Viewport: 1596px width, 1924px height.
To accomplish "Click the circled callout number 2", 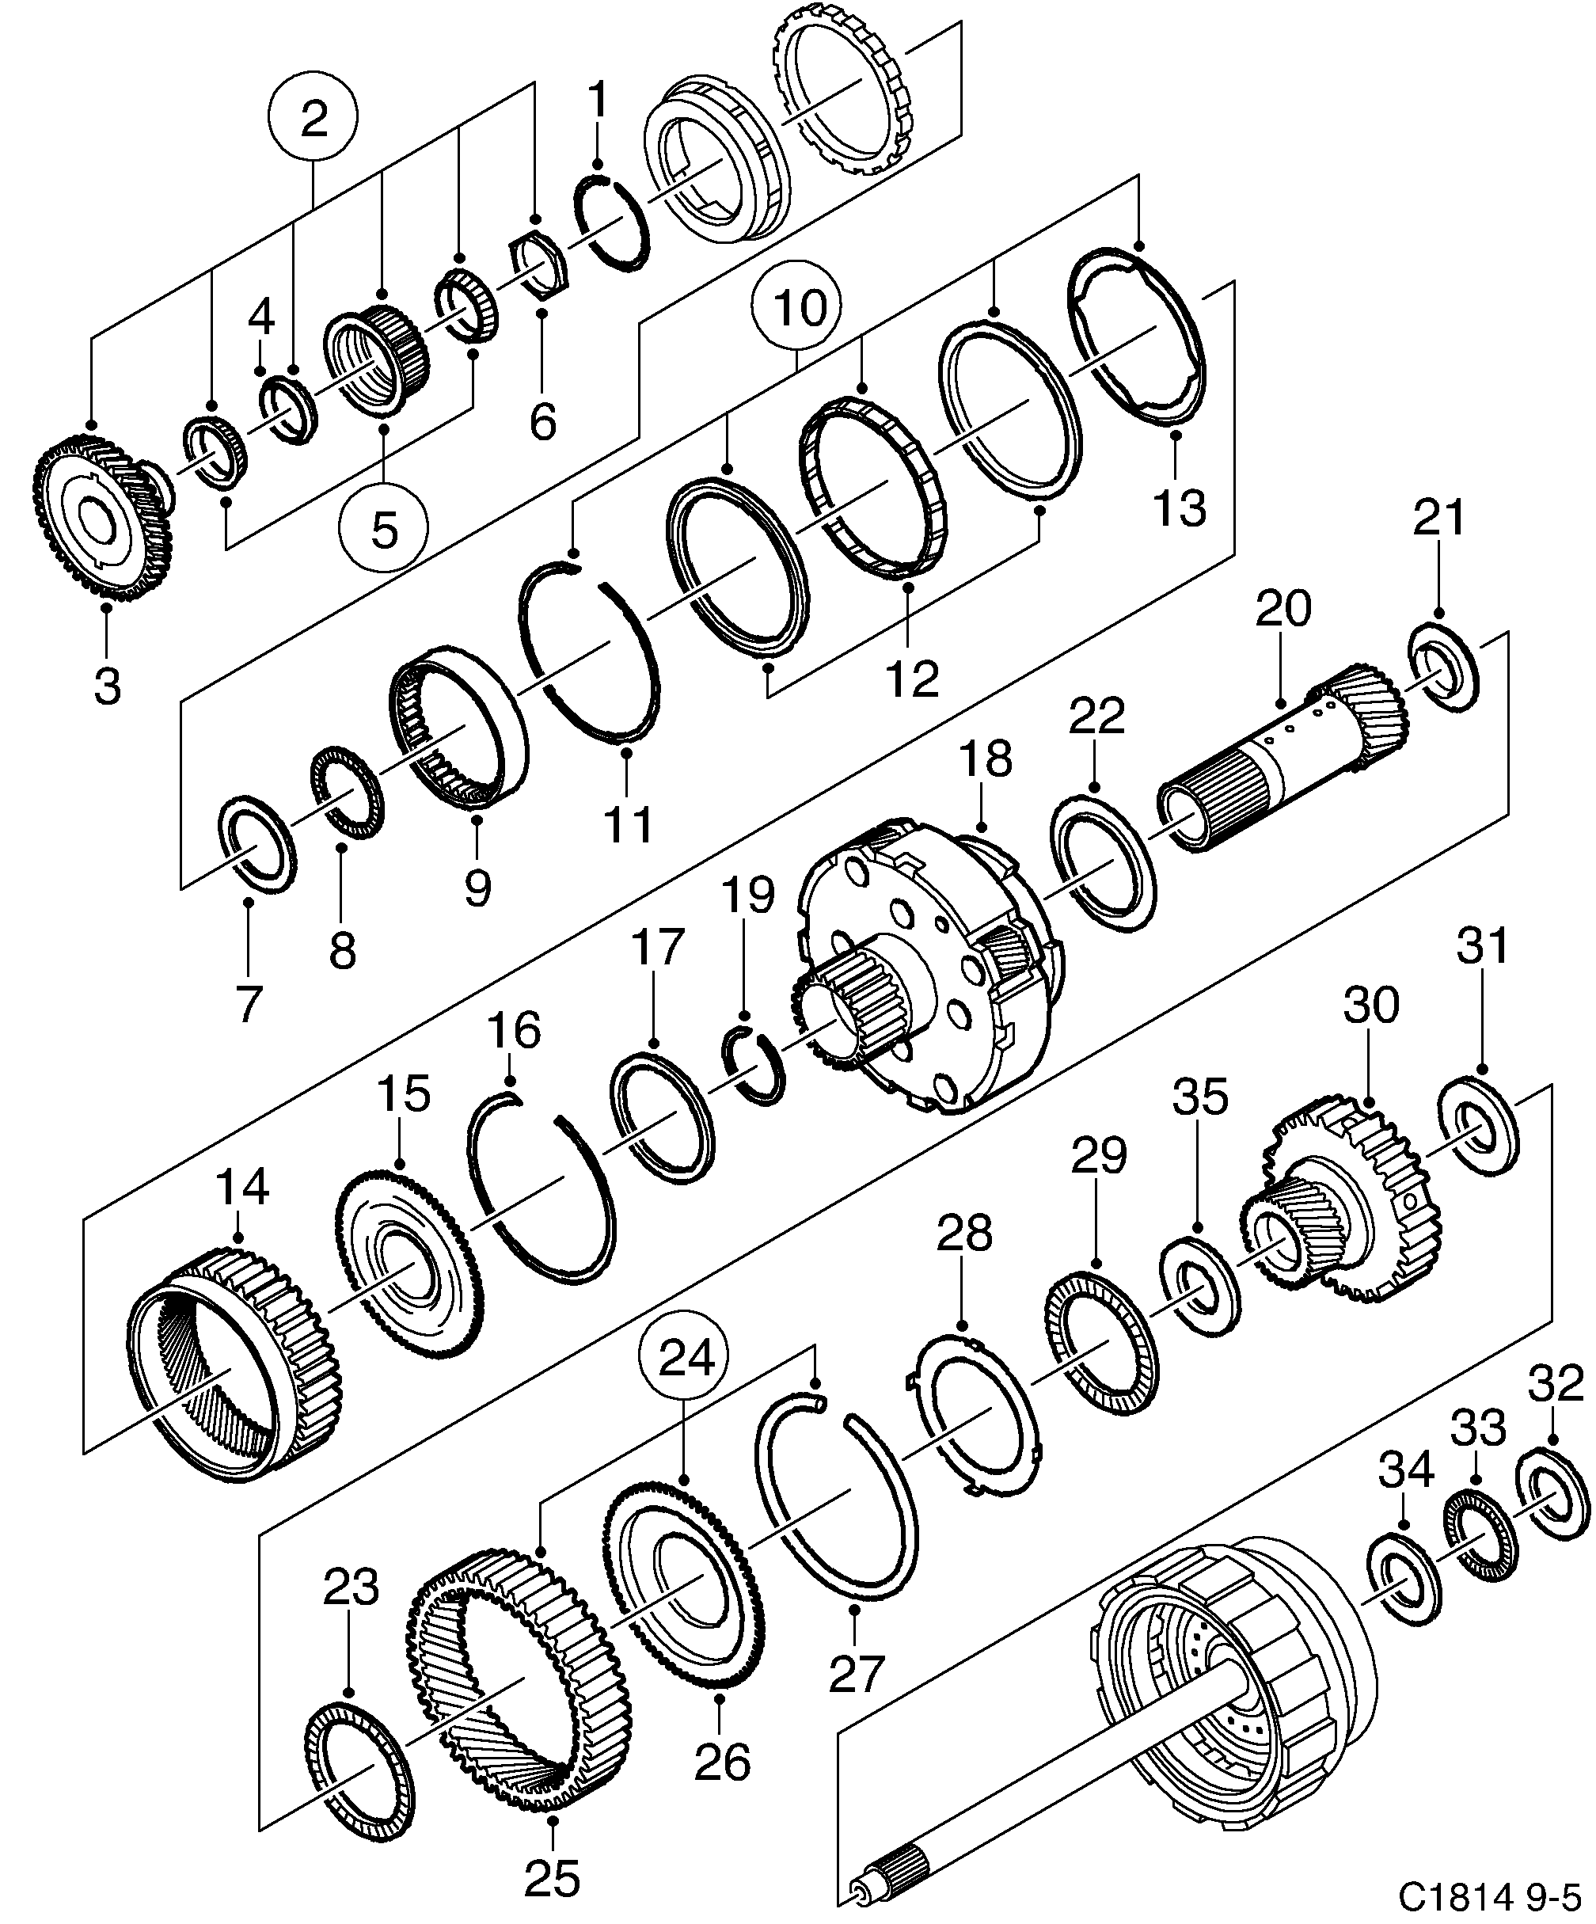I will coord(313,119).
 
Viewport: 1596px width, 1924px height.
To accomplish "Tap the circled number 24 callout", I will coord(686,1359).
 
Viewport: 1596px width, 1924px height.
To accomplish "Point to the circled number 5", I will coord(383,529).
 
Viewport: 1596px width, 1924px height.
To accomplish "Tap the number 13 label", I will coord(1179,508).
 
